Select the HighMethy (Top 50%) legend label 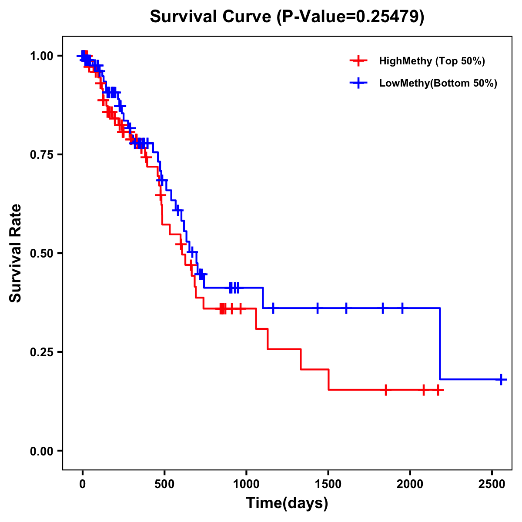(432, 61)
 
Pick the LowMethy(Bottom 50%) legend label (438, 83)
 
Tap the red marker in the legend (358, 61)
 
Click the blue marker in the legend (358, 83)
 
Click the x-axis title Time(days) (287, 503)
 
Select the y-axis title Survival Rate (16, 253)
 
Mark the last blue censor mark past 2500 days (501, 379)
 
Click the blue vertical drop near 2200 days (440, 344)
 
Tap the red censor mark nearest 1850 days (385, 390)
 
